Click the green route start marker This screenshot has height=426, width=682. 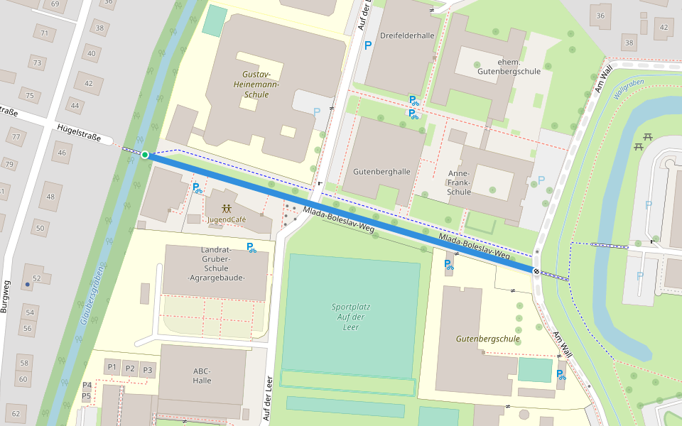point(145,155)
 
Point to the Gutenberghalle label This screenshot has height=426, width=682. point(381,172)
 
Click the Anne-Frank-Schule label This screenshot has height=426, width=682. point(460,182)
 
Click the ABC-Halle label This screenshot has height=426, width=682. point(202,376)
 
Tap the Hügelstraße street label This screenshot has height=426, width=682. point(79,132)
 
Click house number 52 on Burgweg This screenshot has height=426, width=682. point(36,278)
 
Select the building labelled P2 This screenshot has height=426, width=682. point(129,368)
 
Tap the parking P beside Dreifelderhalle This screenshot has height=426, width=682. point(368,46)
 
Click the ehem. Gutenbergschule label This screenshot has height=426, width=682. point(509,66)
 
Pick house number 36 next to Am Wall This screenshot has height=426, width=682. point(600,16)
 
